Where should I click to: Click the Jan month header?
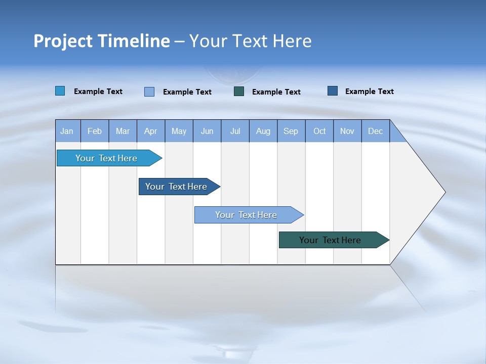coord(67,131)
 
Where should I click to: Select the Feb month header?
coord(95,131)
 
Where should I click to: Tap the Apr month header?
coord(150,131)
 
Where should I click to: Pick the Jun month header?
coord(207,131)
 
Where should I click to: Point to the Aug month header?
coord(263,131)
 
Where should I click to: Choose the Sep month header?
coord(291,131)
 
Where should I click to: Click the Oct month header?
coord(319,131)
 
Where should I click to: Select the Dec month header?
coord(376,131)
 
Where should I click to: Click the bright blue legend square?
coord(60,91)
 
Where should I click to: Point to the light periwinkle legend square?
coord(149,92)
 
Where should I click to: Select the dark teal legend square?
coord(239,92)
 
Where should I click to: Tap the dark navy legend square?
coord(333,91)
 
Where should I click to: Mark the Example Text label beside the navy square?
coord(369,92)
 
